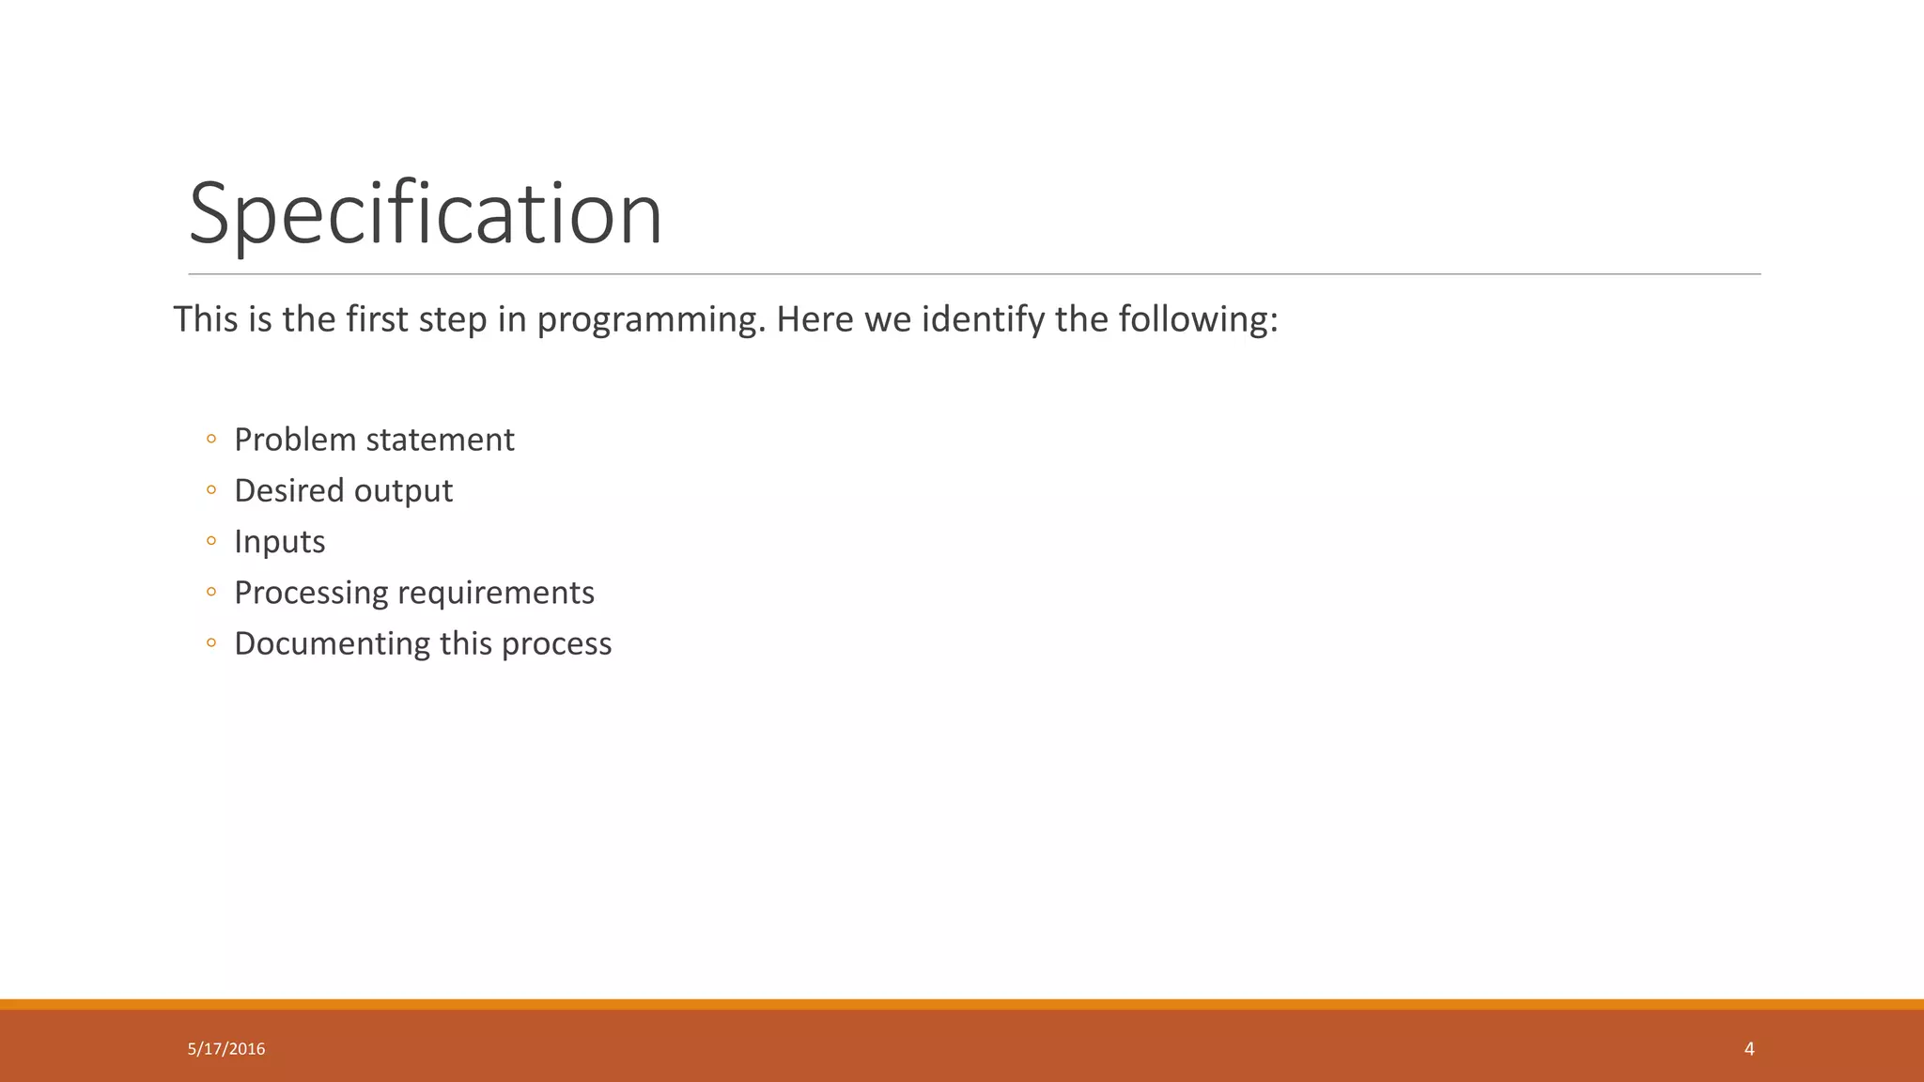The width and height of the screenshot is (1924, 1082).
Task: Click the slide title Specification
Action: point(426,214)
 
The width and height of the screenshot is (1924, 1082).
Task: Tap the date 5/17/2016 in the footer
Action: point(226,1049)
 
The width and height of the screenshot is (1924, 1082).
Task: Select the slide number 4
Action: point(1748,1049)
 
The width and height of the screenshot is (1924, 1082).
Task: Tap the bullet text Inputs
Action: point(279,542)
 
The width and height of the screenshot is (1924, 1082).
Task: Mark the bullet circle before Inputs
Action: point(211,542)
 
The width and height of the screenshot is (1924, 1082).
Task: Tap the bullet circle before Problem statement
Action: point(211,440)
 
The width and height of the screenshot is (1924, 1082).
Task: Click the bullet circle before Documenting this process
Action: point(211,643)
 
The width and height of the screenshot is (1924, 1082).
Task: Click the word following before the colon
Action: point(1192,320)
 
